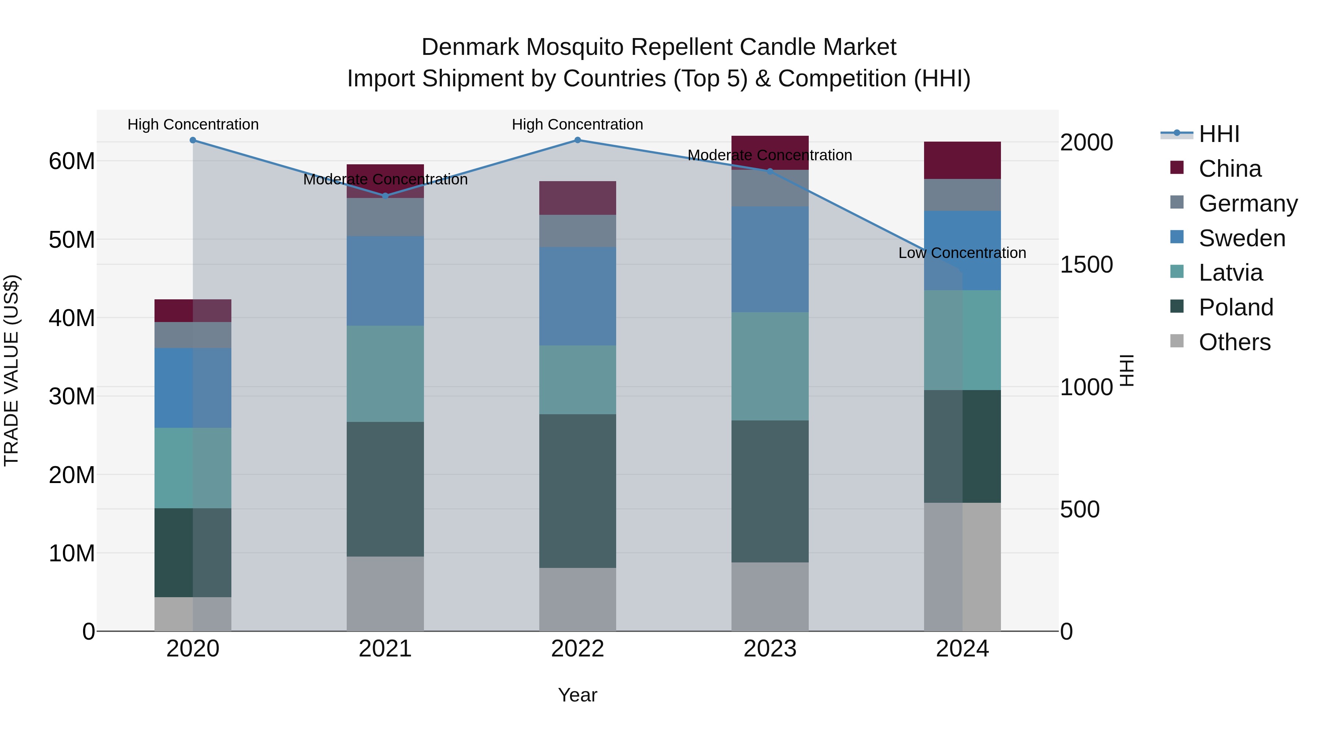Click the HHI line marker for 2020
point(193,140)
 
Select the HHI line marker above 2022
point(578,140)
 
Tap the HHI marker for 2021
point(385,196)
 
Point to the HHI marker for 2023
point(770,171)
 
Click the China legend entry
point(1229,169)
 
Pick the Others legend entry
point(1234,342)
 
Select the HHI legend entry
point(1219,134)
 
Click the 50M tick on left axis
point(72,239)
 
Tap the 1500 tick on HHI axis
point(1086,265)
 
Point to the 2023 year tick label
point(770,649)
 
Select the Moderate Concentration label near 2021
point(385,180)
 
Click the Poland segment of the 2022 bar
point(578,491)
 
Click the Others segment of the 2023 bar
point(770,596)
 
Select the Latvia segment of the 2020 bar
point(193,468)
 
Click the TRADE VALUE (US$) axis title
point(11,370)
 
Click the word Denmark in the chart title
point(471,47)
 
